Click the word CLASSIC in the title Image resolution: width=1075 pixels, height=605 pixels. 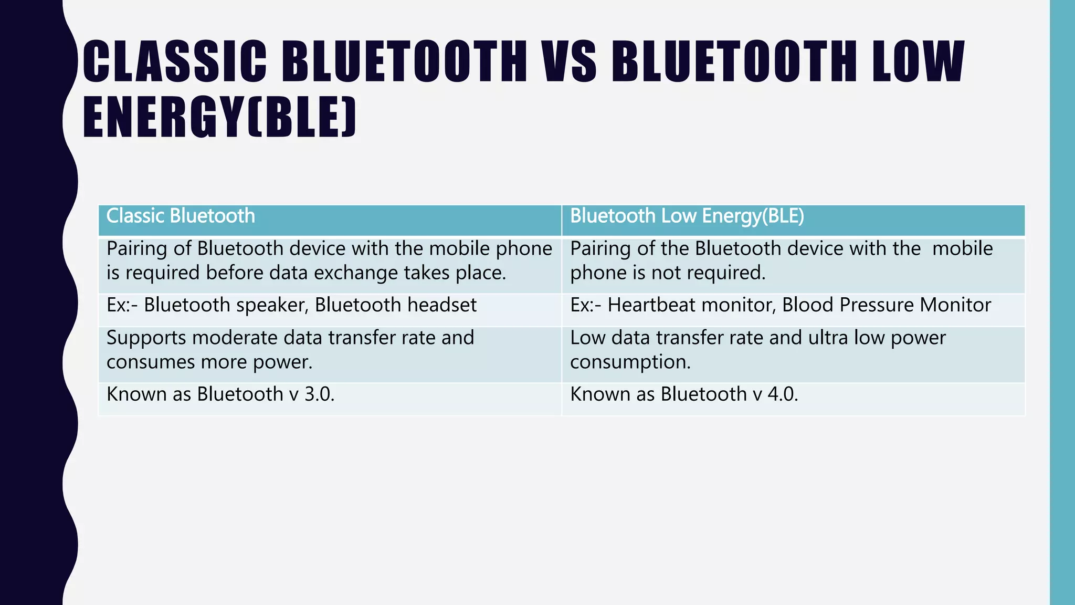tap(175, 61)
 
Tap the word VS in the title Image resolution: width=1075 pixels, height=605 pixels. tap(569, 61)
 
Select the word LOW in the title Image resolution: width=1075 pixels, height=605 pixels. tap(918, 61)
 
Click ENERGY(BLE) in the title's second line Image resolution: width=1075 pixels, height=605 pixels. tap(220, 118)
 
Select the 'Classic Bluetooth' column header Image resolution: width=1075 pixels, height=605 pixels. tap(181, 216)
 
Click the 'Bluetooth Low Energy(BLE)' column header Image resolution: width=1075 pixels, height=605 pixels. tap(687, 216)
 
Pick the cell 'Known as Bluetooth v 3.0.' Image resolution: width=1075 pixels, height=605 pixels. tap(220, 394)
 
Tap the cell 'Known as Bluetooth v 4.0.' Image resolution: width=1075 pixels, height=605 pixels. tap(684, 394)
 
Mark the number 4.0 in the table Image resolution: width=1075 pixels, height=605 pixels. tap(783, 394)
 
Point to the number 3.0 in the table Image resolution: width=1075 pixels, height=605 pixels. tap(319, 394)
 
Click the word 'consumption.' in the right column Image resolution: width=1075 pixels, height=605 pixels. tap(630, 362)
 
